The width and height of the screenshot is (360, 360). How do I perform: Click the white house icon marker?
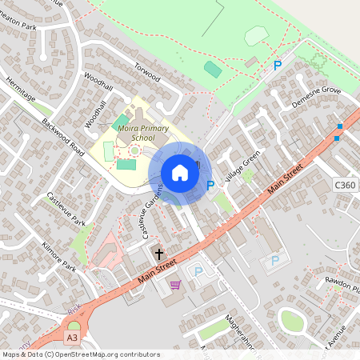tap(180, 173)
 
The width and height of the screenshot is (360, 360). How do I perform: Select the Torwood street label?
tap(147, 73)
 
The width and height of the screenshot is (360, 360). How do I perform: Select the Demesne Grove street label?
tap(317, 100)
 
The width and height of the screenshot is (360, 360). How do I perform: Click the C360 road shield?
tap(346, 186)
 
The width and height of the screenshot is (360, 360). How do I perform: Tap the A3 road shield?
tap(73, 338)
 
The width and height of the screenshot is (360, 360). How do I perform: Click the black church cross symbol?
tap(158, 254)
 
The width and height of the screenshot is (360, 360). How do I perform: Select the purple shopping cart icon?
tap(174, 284)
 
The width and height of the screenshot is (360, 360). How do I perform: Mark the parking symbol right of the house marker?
tap(211, 186)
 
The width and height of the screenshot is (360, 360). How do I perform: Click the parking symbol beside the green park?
tap(278, 66)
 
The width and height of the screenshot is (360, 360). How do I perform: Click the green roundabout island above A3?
tap(74, 325)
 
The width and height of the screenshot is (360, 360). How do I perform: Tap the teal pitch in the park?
tap(213, 70)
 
